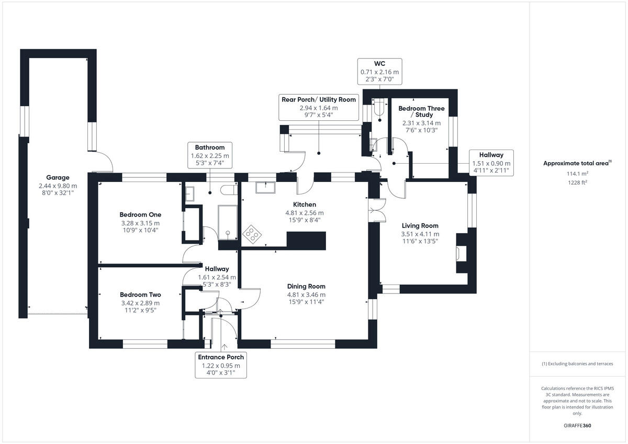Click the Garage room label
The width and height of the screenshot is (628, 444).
tap(57, 177)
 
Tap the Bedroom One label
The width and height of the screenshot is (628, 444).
tap(140, 214)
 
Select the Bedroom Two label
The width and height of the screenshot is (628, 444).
tap(140, 294)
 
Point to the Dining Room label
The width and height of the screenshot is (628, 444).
tap(306, 286)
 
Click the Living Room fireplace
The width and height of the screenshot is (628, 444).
tap(461, 253)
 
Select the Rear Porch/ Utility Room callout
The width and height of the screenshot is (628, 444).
tap(319, 107)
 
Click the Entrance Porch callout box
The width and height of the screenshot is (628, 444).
tap(220, 365)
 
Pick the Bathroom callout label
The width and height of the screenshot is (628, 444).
tap(210, 155)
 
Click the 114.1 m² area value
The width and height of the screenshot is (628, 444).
tap(576, 174)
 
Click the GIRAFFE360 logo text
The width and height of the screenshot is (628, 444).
tap(577, 426)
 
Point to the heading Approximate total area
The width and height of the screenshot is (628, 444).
tap(576, 163)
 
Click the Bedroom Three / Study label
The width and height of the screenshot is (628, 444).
tap(421, 111)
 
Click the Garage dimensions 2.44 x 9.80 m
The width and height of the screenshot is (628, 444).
tap(58, 186)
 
